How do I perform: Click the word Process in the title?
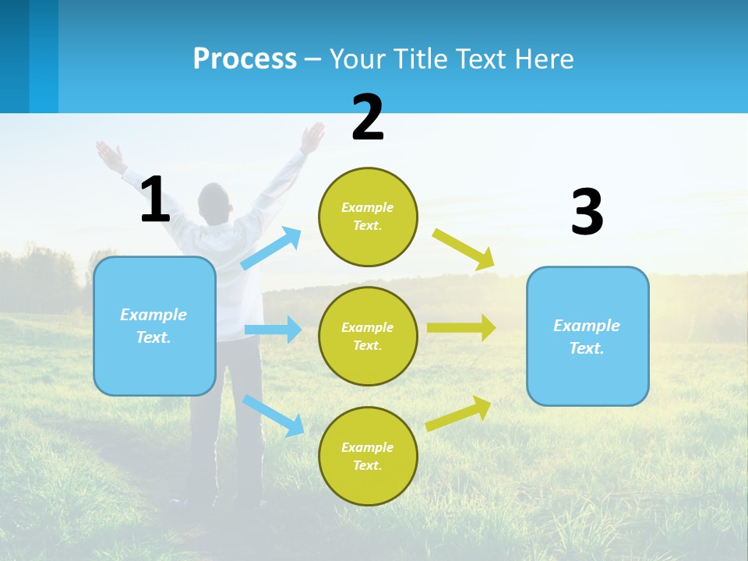tap(245, 58)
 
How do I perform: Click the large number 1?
tap(155, 199)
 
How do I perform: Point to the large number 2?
tap(368, 118)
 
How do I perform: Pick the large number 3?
tap(587, 212)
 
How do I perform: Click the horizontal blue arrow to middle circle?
tap(273, 330)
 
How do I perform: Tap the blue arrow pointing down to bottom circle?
tap(273, 415)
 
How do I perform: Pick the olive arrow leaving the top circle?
tap(464, 249)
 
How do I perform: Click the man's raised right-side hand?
tap(313, 137)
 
